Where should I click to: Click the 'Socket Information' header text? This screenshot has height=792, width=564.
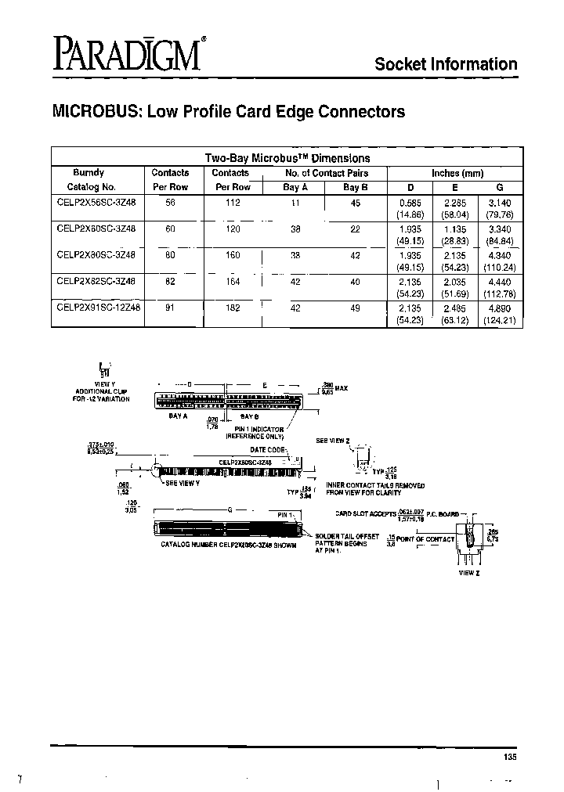tap(446, 65)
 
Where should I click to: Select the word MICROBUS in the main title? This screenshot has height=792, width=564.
tap(95, 112)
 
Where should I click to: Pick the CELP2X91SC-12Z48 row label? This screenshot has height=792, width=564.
tap(99, 308)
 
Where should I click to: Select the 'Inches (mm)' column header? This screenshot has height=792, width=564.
tap(457, 173)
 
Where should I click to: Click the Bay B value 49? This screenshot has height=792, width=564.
tap(356, 308)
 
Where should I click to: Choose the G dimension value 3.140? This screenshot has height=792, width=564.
tap(500, 201)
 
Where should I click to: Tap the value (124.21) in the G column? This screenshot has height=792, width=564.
tap(500, 321)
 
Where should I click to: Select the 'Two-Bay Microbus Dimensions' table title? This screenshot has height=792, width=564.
tap(287, 157)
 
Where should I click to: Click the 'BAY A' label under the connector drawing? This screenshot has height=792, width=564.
tap(178, 416)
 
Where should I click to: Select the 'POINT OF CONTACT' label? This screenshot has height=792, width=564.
tap(425, 539)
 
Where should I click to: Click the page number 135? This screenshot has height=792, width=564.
tap(510, 757)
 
